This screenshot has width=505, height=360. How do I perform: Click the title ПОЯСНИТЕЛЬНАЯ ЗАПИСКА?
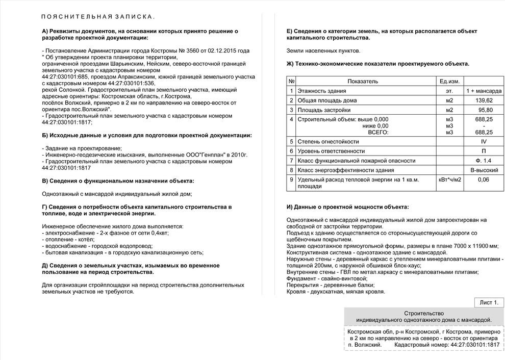(x=98, y=17)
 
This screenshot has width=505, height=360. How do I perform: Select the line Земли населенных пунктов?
(x=323, y=50)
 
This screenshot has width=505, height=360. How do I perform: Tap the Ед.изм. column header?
(x=449, y=82)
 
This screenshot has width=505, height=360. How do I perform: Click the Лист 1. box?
(x=488, y=303)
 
